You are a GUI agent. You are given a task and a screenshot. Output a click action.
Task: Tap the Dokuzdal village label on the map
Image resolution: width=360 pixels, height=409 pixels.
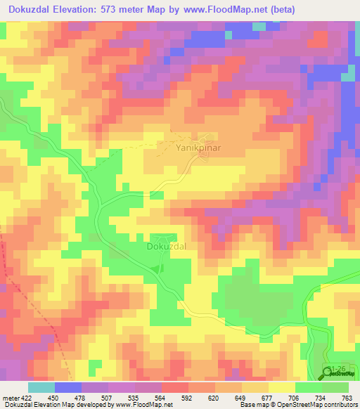tap(166, 247)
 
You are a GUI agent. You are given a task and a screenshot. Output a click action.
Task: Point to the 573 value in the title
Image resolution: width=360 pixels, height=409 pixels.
tap(116, 10)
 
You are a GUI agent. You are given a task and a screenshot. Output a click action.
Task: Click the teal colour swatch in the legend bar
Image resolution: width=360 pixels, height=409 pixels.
tap(41, 387)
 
